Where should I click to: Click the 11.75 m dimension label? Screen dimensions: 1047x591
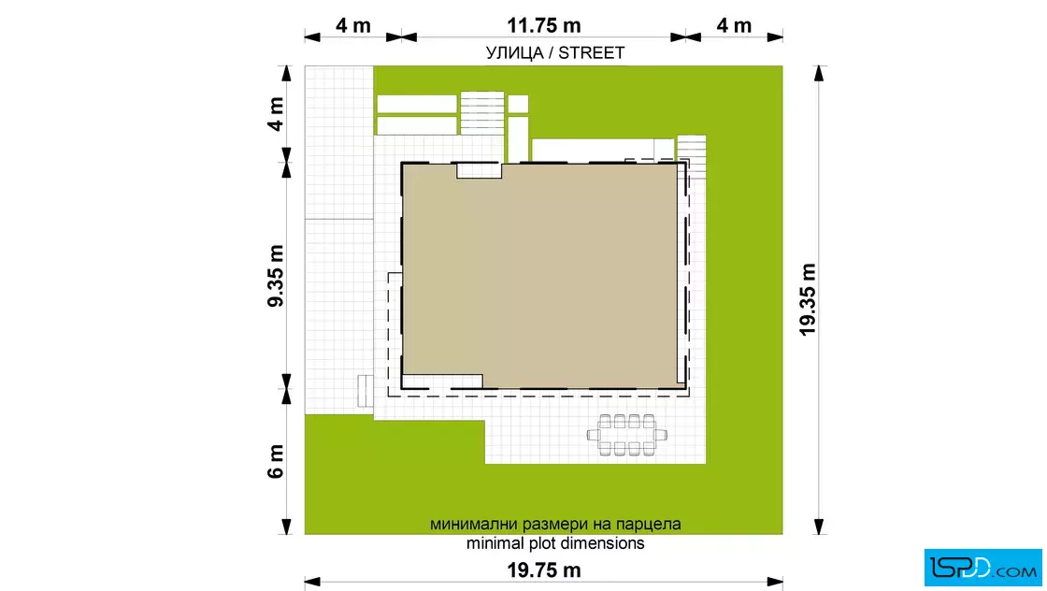point(543,25)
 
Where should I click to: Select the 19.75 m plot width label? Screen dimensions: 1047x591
point(543,570)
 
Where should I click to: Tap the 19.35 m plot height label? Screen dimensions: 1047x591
point(808,299)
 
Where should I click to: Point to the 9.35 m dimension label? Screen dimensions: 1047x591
point(276,276)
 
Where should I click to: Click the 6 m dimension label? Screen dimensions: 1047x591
point(276,461)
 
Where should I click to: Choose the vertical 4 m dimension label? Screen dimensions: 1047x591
point(276,114)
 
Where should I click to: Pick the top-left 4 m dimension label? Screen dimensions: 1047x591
point(353,25)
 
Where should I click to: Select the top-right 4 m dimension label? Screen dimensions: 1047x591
point(734,25)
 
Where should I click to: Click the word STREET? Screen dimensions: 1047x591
point(592,52)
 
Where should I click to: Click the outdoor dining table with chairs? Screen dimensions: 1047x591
point(627,435)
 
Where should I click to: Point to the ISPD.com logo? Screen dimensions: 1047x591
point(982,568)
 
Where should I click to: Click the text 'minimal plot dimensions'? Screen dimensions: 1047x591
point(555,543)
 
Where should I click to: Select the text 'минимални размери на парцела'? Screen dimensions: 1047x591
point(555,524)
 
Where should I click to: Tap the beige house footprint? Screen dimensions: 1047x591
point(541,275)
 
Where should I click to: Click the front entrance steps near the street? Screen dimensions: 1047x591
point(482,113)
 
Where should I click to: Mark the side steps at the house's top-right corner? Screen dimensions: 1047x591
point(692,157)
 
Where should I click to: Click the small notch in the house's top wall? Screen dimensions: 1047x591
point(479,170)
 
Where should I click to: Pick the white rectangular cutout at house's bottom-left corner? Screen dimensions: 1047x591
point(443,382)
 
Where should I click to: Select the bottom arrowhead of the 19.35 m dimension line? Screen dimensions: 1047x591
point(819,526)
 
